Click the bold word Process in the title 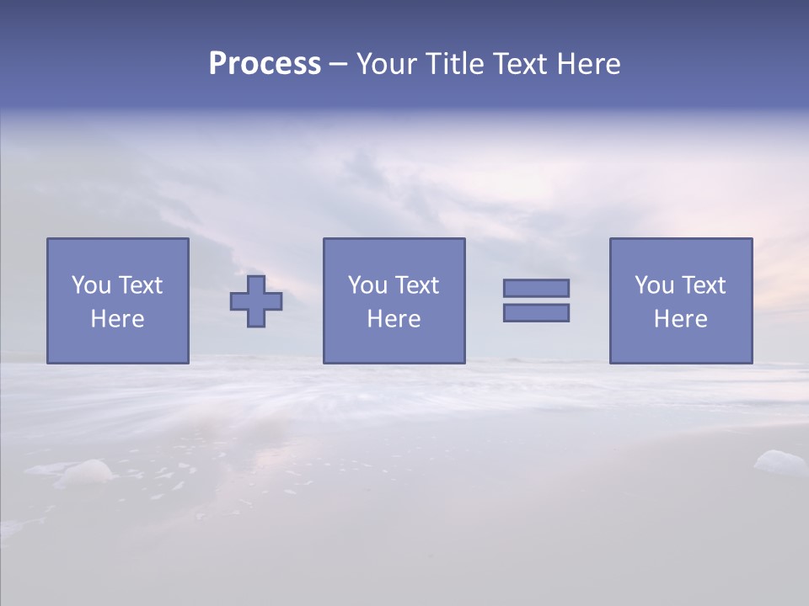click(265, 64)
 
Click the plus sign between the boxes click(256, 301)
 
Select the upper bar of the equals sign click(536, 288)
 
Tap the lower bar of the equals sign click(536, 312)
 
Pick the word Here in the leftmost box click(117, 319)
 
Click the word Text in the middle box click(416, 285)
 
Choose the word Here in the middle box click(394, 319)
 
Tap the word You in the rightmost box click(655, 285)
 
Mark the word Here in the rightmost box click(680, 319)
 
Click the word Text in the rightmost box click(703, 285)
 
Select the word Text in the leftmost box click(140, 285)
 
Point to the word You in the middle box click(368, 285)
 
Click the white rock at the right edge click(780, 462)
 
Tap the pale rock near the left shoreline click(86, 472)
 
